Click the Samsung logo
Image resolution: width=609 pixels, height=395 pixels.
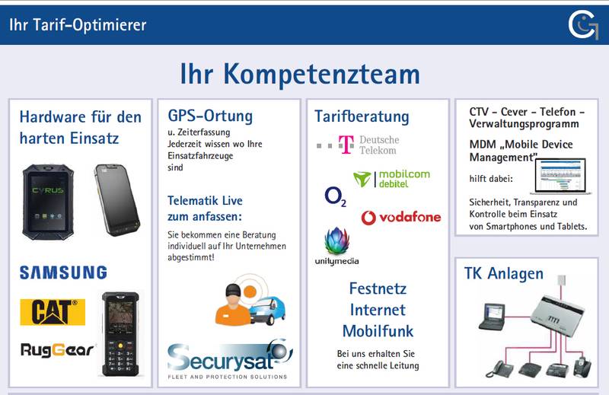pyautogui.click(x=63, y=272)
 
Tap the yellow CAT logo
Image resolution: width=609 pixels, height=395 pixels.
pyautogui.click(x=53, y=312)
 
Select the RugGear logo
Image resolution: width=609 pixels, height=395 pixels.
pyautogui.click(x=57, y=350)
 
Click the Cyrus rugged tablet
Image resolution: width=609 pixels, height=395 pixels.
pyautogui.click(x=48, y=202)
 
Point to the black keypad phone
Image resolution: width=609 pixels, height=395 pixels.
pyautogui.click(x=120, y=334)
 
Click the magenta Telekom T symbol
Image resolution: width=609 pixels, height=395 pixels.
pyautogui.click(x=346, y=145)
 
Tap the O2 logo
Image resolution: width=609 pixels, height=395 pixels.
pyautogui.click(x=335, y=196)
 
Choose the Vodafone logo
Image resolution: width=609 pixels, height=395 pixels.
pyautogui.click(x=401, y=218)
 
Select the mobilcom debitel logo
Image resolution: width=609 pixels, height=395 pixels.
pyautogui.click(x=391, y=179)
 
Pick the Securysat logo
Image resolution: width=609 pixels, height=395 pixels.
pyautogui.click(x=230, y=359)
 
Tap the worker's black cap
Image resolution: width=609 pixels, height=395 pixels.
pyautogui.click(x=233, y=290)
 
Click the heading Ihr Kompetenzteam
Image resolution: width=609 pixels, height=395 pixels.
pyautogui.click(x=300, y=74)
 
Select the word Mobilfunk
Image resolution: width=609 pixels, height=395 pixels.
pyautogui.click(x=378, y=331)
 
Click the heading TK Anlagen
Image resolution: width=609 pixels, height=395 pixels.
pyautogui.click(x=504, y=274)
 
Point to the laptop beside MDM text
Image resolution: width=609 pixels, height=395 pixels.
pyautogui.click(x=561, y=176)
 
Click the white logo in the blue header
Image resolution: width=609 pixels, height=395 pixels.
pyautogui.click(x=583, y=25)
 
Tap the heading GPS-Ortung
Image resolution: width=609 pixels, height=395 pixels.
pyautogui.click(x=210, y=116)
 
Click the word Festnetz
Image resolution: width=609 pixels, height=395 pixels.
pyautogui.click(x=378, y=288)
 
